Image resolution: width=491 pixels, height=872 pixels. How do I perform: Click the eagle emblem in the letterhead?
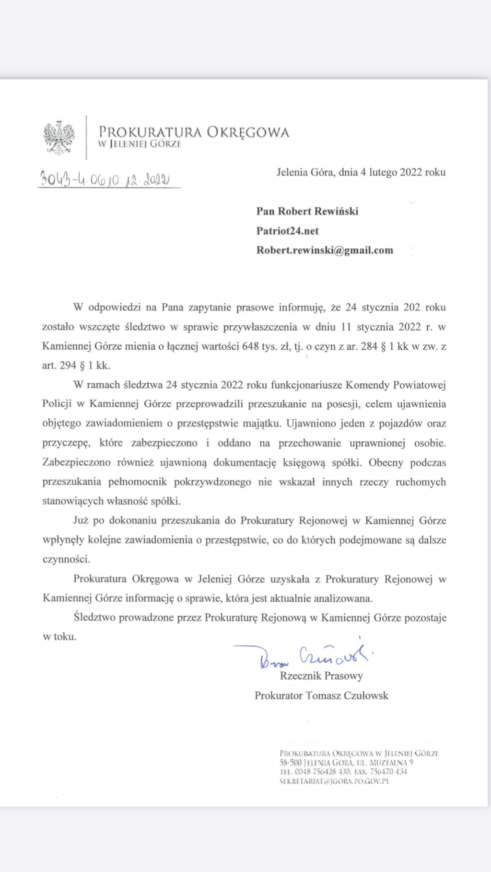(59, 138)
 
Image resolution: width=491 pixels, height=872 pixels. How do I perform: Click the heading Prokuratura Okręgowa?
(194, 132)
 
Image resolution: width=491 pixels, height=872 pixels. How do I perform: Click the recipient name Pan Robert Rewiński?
(307, 211)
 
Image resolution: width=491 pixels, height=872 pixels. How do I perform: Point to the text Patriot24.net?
(287, 231)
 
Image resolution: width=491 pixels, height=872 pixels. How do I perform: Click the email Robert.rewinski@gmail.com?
(325, 250)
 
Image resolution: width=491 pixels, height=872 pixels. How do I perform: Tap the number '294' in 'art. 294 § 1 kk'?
(68, 365)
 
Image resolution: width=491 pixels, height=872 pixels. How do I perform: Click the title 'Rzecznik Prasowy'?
(321, 676)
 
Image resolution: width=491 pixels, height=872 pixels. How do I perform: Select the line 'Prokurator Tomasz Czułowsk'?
(321, 696)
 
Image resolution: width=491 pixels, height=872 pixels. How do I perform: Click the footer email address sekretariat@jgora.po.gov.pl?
(334, 781)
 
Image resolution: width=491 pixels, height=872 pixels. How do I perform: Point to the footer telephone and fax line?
(343, 772)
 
